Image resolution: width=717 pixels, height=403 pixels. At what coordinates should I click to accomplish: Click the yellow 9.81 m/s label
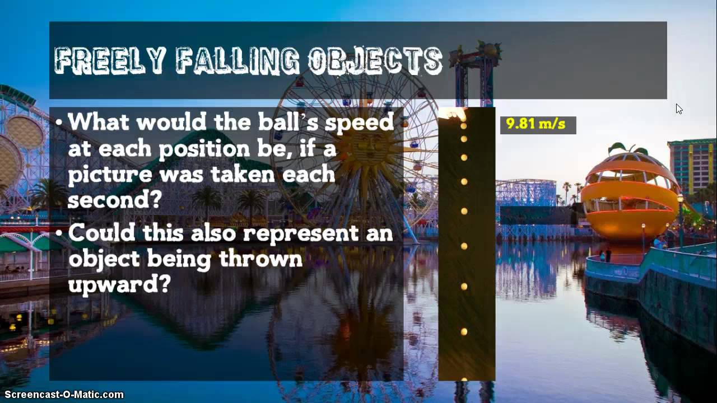pyautogui.click(x=536, y=124)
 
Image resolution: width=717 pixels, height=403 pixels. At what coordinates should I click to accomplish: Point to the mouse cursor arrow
pyautogui.click(x=678, y=108)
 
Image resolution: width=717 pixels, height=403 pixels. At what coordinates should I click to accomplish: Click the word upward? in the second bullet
pyautogui.click(x=119, y=284)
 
